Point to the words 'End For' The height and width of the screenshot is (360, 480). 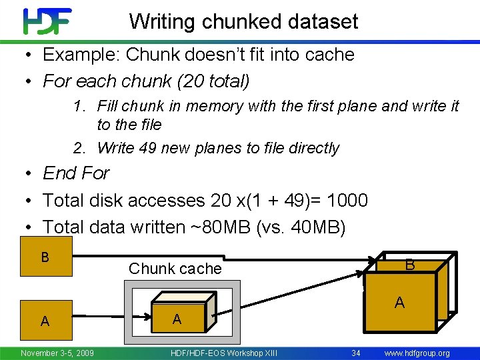pos(76,173)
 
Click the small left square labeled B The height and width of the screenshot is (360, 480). pos(45,257)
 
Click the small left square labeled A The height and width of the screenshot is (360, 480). pos(45,321)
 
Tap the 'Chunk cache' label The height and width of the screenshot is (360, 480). pos(175,269)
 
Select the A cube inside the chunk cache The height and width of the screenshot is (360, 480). pos(177,319)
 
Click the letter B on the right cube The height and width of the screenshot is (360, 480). pos(410,265)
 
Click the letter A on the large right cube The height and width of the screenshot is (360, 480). pos(399,303)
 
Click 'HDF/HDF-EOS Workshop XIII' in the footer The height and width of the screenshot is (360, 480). pos(224,353)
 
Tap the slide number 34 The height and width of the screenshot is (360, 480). pos(357,353)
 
